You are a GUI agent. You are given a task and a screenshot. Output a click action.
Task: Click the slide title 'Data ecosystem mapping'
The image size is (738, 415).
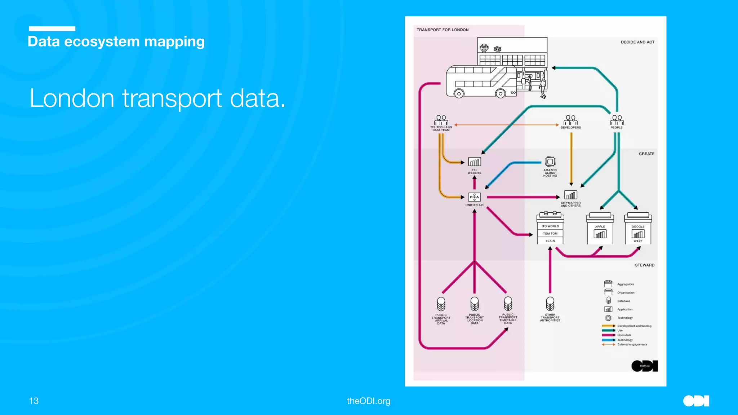point(116,41)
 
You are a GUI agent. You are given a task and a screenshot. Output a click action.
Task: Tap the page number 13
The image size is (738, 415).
point(34,401)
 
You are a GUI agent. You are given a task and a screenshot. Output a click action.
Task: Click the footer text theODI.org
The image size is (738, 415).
point(368,401)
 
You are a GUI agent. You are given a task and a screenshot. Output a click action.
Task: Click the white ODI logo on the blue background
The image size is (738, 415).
point(696,401)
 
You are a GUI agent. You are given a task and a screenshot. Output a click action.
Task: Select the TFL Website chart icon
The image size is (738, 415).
point(474,162)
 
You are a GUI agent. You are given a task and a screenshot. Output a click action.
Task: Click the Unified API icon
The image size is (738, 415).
point(474,197)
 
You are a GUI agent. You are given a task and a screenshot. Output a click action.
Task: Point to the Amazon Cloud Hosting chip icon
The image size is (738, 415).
point(550,161)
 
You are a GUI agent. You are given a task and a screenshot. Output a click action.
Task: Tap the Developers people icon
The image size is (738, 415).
point(570,120)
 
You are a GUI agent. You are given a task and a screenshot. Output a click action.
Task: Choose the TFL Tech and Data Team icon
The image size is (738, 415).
point(441,120)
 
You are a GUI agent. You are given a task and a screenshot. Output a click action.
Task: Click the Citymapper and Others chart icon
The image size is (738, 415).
point(570,195)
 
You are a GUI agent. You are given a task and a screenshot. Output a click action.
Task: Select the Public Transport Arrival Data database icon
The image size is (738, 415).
point(441,304)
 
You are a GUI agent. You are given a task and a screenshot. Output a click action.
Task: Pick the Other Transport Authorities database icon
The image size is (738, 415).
point(550,304)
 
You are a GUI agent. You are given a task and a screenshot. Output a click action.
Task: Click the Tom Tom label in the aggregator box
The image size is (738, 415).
point(550,234)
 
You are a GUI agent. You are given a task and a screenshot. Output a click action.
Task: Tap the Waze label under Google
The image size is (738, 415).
point(638,241)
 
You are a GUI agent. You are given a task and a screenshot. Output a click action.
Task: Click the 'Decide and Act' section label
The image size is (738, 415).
point(637,42)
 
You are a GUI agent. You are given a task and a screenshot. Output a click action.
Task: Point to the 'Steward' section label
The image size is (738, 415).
point(645,265)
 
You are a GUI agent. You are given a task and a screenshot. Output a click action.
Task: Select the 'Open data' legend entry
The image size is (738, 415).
point(624,335)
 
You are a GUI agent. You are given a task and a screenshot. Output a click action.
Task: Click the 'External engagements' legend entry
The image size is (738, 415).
point(632,344)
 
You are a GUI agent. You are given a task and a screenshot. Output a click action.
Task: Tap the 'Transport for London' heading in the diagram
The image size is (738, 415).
point(443,30)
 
